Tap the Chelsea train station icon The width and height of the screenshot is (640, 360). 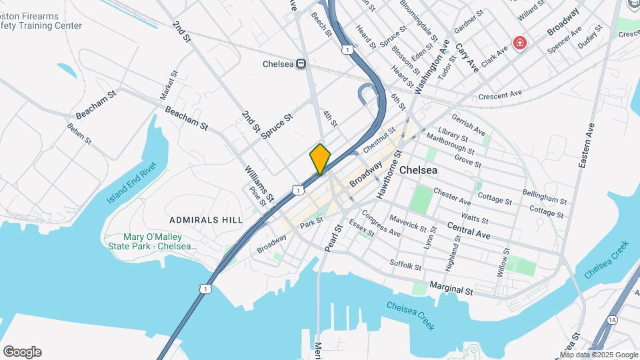point(301,64)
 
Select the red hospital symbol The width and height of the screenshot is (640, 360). point(519,43)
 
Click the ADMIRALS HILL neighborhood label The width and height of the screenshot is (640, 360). point(200,219)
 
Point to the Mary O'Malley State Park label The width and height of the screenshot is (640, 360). point(153,241)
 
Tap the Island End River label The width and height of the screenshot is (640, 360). point(131,183)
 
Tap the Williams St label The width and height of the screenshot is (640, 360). point(259,184)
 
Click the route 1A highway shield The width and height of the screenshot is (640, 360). point(612,321)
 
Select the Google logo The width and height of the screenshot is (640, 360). point(22,352)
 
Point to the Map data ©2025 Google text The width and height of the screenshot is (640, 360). point(598,355)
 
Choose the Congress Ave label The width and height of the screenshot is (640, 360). point(381,224)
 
